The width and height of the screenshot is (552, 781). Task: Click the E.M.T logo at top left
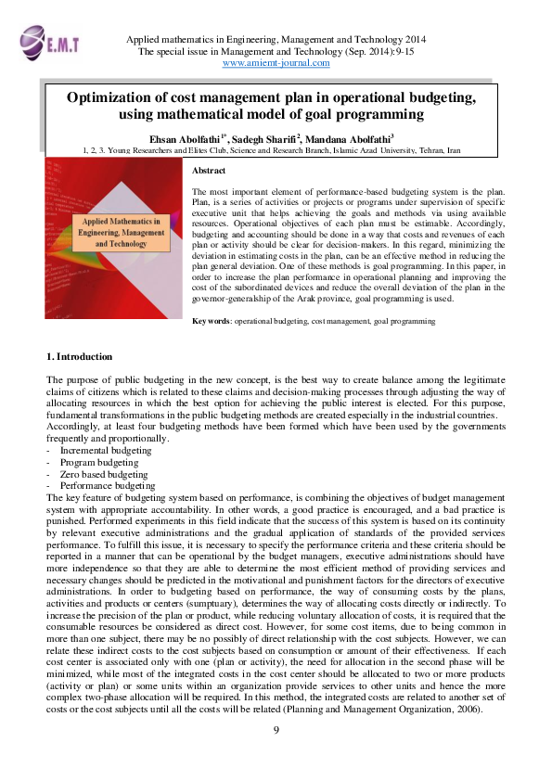(x=45, y=42)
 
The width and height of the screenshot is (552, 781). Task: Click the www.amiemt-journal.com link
(x=276, y=64)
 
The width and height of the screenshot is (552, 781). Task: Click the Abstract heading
(x=208, y=172)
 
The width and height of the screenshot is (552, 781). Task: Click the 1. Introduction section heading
(x=80, y=356)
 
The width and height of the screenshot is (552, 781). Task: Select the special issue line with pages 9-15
(x=276, y=53)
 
